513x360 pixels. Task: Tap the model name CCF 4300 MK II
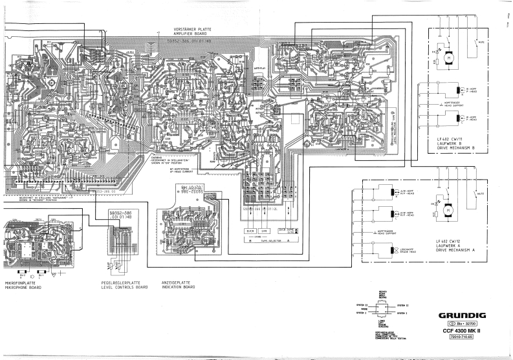click(459, 332)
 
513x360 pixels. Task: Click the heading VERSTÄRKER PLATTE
click(191, 30)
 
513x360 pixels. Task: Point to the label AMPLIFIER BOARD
click(191, 34)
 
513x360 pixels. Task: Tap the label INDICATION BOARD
click(179, 286)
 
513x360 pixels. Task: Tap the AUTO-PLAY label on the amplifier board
click(259, 67)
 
